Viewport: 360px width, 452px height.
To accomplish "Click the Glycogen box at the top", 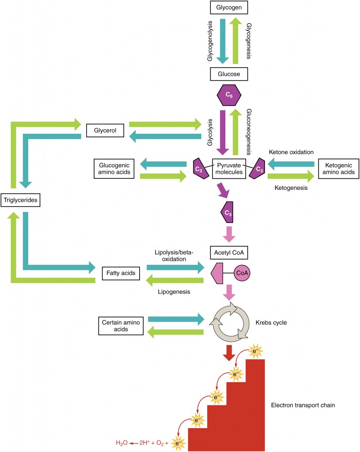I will point(229,8).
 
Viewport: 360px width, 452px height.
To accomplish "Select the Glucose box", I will point(229,74).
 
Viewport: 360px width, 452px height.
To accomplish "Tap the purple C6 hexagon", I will point(228,95).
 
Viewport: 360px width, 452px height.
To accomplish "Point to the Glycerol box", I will point(105,131).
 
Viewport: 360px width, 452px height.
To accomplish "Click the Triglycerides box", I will point(21,200).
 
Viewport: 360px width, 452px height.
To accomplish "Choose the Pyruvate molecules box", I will point(229,168).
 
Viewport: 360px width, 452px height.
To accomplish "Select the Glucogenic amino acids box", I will point(114,169).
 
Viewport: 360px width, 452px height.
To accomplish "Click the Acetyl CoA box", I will point(229,252).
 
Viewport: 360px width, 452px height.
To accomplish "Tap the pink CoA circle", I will point(242,273).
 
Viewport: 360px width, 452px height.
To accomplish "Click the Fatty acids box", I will point(121,274).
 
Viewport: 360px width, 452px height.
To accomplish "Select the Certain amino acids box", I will point(119,325).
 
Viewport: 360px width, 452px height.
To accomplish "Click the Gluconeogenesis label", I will point(249,131).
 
